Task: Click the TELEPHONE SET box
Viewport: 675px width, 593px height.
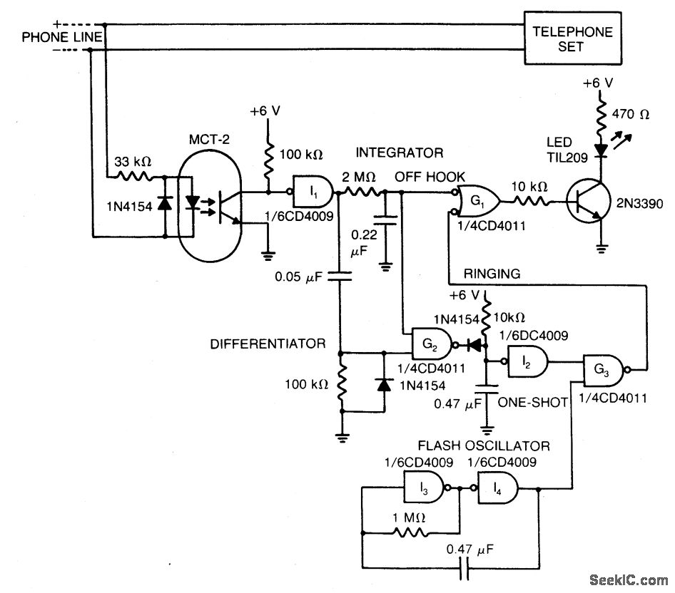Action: click(x=573, y=39)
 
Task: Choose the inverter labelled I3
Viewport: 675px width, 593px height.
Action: click(x=426, y=490)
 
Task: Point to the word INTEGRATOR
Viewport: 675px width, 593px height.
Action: click(x=400, y=153)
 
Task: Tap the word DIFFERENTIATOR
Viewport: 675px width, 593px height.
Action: click(x=268, y=344)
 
